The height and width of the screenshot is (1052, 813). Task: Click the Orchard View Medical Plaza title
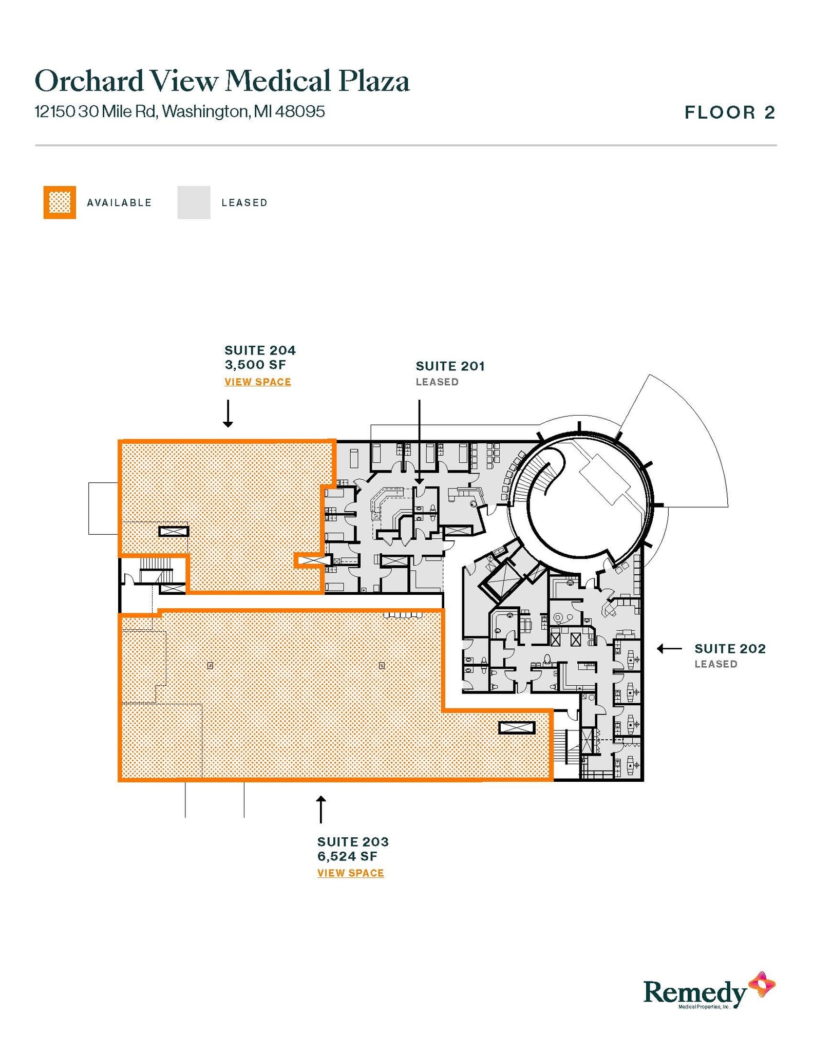pos(222,81)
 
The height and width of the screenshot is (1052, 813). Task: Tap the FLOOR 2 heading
pos(729,112)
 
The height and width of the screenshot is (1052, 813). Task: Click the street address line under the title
pos(180,111)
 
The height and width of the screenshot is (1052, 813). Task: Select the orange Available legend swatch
pos(60,202)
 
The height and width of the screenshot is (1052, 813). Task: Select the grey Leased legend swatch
pos(194,202)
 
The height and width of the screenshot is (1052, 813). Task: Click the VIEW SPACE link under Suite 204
pos(258,382)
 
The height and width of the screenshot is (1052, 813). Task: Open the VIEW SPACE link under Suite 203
pos(351,873)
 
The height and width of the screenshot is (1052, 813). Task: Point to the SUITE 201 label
pos(450,366)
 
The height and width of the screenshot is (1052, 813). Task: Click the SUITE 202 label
pos(730,649)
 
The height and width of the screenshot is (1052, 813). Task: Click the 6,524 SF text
pos(347,856)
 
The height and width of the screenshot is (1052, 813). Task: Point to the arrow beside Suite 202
pos(669,649)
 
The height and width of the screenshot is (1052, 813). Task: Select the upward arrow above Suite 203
pos(321,810)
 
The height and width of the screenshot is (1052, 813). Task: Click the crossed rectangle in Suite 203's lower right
pos(517,727)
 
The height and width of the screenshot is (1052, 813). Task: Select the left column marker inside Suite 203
pos(210,665)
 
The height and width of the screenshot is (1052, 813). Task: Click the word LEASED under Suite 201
pos(437,382)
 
